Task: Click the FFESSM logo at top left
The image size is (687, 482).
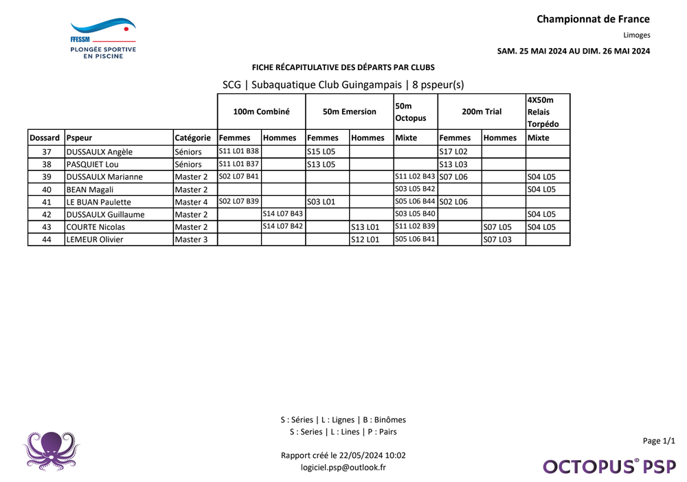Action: coord(103,38)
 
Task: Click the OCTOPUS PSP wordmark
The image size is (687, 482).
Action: coord(609,466)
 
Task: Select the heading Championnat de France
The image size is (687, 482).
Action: coord(593,19)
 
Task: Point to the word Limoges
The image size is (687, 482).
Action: coord(636,35)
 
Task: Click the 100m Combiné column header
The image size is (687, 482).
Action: coord(261,111)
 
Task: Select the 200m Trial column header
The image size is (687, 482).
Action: coord(482,111)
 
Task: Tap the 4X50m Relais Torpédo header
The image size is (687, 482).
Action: coord(548,111)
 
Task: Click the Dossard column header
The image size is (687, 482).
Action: coord(46,137)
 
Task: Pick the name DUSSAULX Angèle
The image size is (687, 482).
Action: coord(99,152)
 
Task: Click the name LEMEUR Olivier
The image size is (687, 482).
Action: coord(95,240)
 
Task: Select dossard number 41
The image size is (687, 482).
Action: coord(46,202)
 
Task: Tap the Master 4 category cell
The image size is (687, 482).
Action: coord(191,202)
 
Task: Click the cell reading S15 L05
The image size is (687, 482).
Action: coord(321,152)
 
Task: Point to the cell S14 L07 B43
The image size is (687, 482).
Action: coord(283,214)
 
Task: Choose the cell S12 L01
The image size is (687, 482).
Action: coord(365,240)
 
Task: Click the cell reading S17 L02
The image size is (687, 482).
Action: coord(453,152)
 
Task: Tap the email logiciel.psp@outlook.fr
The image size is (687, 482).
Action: coord(343,467)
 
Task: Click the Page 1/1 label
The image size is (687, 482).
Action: coord(659,441)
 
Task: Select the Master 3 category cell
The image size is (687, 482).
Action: coord(191,240)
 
